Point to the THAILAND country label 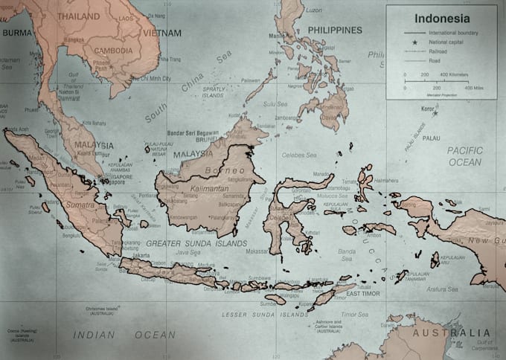tap(78, 16)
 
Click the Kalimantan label tap(200, 190)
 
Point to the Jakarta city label tap(141, 255)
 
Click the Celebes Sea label tap(303, 155)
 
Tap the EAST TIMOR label tap(364, 295)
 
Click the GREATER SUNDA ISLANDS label tap(196, 243)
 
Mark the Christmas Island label tap(103, 308)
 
